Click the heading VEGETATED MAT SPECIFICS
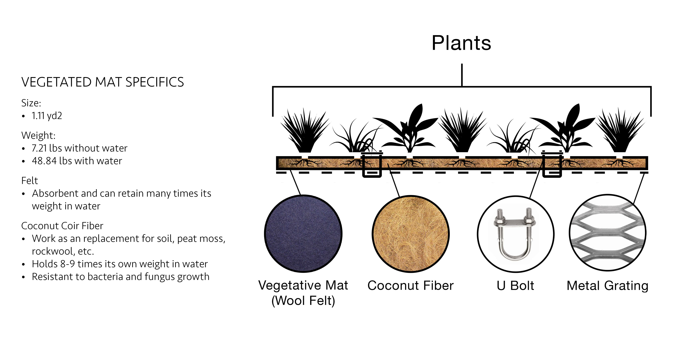(x=103, y=82)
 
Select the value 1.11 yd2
(x=47, y=116)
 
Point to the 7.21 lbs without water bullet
(x=79, y=148)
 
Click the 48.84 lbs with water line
(x=77, y=161)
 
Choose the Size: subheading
(x=31, y=103)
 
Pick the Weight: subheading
(x=38, y=136)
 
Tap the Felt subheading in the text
(x=29, y=181)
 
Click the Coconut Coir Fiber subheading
(x=62, y=226)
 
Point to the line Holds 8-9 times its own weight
(x=120, y=264)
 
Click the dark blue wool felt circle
(x=303, y=234)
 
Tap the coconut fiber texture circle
(x=411, y=234)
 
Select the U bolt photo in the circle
(x=516, y=234)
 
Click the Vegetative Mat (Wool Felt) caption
(x=303, y=293)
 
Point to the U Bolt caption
(x=515, y=286)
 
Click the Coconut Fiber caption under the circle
(x=411, y=286)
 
